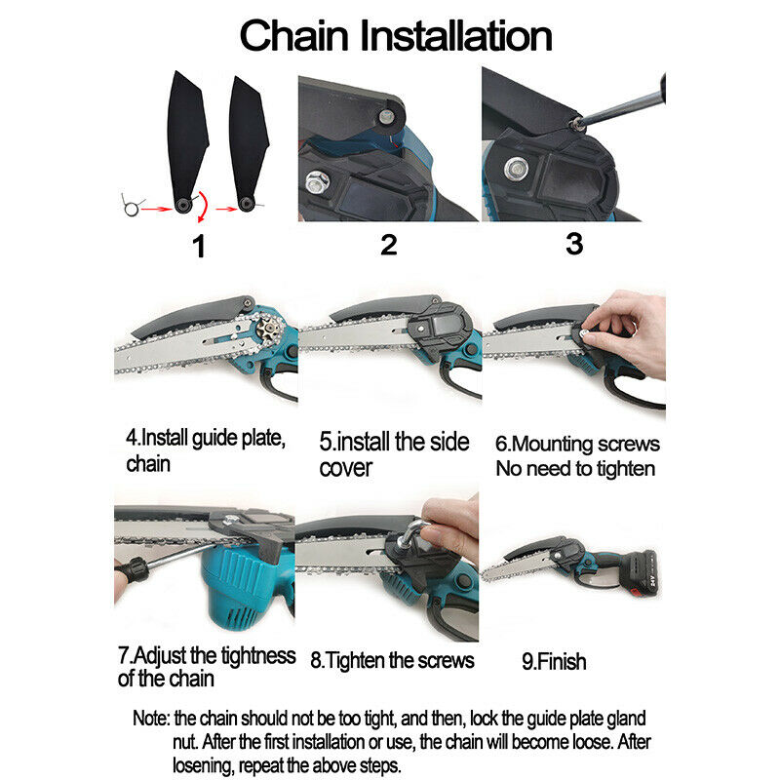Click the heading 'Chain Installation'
point(396,36)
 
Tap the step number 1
point(199,247)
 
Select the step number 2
point(388,245)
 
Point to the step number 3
point(574,244)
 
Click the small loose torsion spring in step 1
point(131,206)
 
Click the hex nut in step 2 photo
point(317,181)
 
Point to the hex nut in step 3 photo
point(517,169)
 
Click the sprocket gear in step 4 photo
point(269,329)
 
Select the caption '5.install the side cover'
point(394,454)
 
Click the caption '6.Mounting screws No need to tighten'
point(577,456)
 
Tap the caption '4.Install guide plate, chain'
point(206,450)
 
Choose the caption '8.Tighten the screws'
point(392,661)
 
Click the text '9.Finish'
point(554,662)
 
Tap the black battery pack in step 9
point(642,573)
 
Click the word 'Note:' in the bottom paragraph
point(151,719)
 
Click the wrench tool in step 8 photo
point(412,533)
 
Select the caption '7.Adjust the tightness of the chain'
point(207,667)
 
